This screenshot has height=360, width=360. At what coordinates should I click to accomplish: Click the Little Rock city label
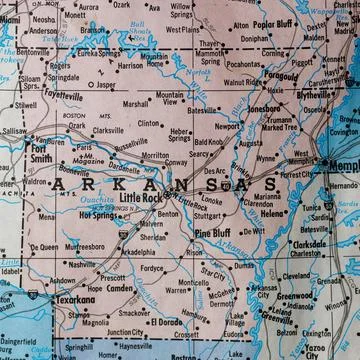coord(140,199)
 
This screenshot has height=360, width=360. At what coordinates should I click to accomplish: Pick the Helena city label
coord(273,213)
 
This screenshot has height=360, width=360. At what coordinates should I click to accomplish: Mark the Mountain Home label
coord(156,59)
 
